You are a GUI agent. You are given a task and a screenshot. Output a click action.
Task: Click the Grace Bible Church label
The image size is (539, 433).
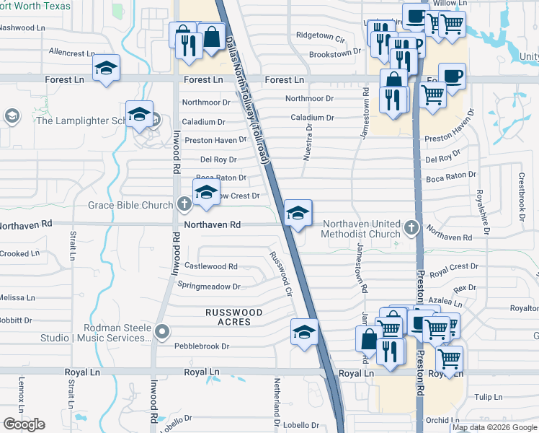(x=130, y=205)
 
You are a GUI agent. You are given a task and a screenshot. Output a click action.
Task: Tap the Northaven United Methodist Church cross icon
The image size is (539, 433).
(x=411, y=228)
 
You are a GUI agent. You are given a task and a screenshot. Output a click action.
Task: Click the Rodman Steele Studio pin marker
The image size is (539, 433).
(x=162, y=332)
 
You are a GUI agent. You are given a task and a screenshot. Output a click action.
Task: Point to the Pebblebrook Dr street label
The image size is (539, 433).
(x=202, y=346)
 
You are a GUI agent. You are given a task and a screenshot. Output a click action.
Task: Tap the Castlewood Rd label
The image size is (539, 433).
(x=211, y=266)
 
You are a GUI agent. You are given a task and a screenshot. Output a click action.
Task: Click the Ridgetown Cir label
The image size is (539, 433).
(x=321, y=35)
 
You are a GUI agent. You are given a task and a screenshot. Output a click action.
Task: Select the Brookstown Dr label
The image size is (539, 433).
(x=334, y=53)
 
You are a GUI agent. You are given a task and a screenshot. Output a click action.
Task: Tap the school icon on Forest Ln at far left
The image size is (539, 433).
(x=106, y=69)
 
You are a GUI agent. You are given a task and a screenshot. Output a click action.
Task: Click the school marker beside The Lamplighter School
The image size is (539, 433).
(x=139, y=113)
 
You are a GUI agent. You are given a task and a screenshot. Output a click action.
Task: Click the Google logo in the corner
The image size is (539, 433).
(x=24, y=424)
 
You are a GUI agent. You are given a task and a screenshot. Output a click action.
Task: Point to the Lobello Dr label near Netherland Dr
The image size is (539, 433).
(x=306, y=425)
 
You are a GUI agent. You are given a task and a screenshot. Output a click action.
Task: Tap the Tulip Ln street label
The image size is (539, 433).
(x=488, y=397)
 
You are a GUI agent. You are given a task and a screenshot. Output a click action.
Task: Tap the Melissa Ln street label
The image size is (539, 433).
(x=17, y=297)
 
